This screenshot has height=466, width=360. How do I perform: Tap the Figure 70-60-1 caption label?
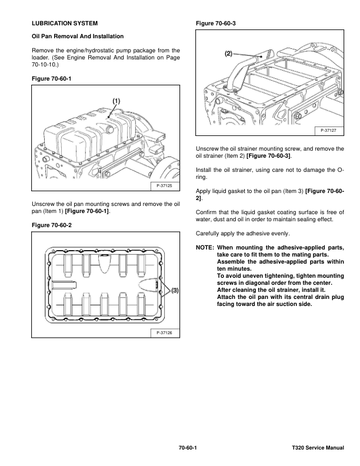tap(50, 78)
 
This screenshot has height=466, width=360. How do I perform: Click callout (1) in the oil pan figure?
tap(116, 101)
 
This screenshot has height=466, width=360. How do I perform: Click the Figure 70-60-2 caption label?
tap(50, 224)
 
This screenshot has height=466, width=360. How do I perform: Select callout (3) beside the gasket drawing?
tap(175, 290)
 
